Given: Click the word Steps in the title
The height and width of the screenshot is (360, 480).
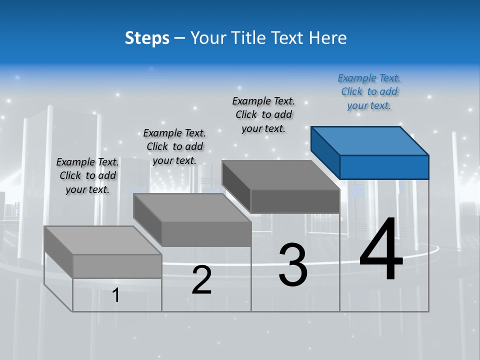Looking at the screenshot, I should pyautogui.click(x=147, y=38).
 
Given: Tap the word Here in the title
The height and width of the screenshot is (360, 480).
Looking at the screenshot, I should pyautogui.click(x=327, y=38).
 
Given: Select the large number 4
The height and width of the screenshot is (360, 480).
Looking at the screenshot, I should pyautogui.click(x=381, y=250).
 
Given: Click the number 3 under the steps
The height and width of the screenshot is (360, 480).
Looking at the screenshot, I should pyautogui.click(x=293, y=265).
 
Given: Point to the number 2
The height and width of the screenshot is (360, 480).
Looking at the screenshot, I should pyautogui.click(x=202, y=280).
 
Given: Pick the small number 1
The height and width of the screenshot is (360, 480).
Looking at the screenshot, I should pyautogui.click(x=116, y=295).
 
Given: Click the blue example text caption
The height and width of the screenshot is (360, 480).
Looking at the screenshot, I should pyautogui.click(x=369, y=92).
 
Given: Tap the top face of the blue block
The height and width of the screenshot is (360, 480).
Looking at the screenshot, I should pyautogui.click(x=370, y=140).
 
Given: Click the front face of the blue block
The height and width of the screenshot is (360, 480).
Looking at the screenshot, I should pyautogui.click(x=384, y=167).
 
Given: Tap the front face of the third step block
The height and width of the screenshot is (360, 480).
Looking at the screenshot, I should pyautogui.click(x=295, y=201).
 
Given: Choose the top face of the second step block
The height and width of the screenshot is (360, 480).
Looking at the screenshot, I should pyautogui.click(x=192, y=208).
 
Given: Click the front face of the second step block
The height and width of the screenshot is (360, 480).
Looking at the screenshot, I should pyautogui.click(x=206, y=234).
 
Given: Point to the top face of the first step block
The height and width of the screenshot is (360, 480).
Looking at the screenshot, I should pyautogui.click(x=103, y=240).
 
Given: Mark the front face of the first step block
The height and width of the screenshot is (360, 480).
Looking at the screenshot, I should pyautogui.click(x=117, y=266).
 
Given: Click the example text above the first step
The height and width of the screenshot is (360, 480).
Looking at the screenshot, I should pyautogui.click(x=87, y=176).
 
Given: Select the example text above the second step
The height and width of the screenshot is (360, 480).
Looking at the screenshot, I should pyautogui.click(x=174, y=147).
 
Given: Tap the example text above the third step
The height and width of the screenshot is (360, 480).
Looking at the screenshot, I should pyautogui.click(x=263, y=115).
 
